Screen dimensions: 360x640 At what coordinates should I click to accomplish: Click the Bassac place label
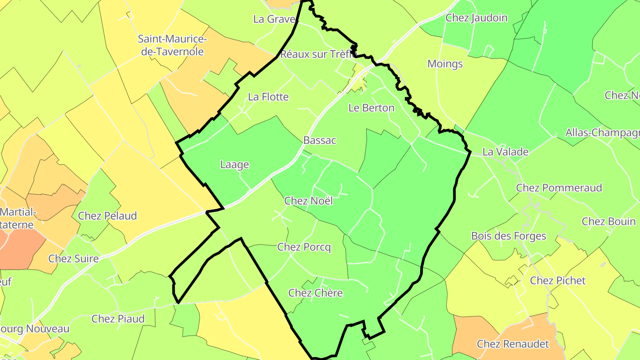(320, 140)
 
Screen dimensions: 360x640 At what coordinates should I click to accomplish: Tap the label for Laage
(235, 165)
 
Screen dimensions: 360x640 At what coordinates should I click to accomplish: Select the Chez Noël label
(308, 201)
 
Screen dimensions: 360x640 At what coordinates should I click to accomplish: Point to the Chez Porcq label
(304, 247)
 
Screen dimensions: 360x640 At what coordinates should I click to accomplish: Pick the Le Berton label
(371, 108)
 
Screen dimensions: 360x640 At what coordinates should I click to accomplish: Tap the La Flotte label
(268, 97)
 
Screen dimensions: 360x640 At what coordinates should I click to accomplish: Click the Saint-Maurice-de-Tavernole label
(172, 45)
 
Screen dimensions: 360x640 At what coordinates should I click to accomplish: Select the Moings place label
(445, 64)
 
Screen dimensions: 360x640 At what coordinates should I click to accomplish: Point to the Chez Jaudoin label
(476, 18)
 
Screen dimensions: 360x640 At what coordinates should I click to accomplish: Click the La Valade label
(505, 152)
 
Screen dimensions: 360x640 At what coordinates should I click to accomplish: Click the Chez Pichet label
(558, 280)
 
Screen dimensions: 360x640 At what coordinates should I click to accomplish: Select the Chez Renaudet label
(513, 344)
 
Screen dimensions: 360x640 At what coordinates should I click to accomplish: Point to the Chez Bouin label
(608, 221)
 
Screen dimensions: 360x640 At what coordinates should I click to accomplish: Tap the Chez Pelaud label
(107, 216)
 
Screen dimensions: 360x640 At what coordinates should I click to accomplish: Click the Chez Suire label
(73, 259)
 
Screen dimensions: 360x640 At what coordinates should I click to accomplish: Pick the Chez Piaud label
(118, 319)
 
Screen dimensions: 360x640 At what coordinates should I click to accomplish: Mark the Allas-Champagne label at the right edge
(602, 133)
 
